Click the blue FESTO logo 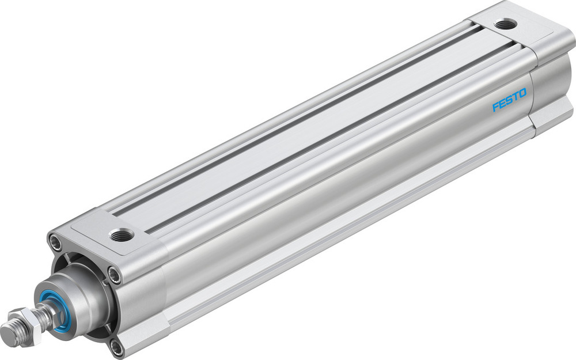click(x=509, y=106)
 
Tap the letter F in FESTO click(x=495, y=109)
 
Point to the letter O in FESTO click(x=522, y=103)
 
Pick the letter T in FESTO click(x=516, y=104)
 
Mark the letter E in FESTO click(x=502, y=108)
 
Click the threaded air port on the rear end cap click(x=506, y=24)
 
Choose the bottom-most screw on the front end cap click(x=118, y=346)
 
